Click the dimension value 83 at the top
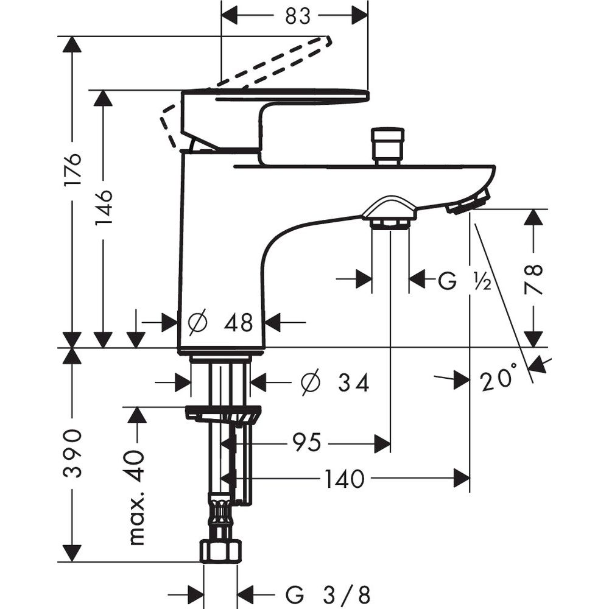tap(298, 16)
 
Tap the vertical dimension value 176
tap(72, 170)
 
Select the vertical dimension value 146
tap(104, 208)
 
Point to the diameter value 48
tap(238, 323)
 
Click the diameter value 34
tap(354, 383)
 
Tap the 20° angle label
tap(498, 381)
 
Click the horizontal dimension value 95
tap(306, 443)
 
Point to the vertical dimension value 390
tap(73, 453)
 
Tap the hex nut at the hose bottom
tap(220, 552)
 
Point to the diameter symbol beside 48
tap(198, 323)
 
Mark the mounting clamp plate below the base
tap(223, 414)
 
